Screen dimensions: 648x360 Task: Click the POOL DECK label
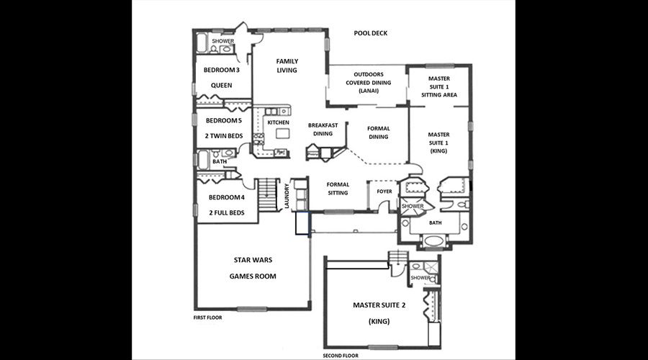point(371,33)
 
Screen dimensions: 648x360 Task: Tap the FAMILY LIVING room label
point(287,66)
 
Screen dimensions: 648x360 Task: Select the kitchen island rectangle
point(283,133)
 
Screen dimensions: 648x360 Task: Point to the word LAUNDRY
point(287,196)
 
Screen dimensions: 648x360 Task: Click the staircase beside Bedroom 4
point(267,194)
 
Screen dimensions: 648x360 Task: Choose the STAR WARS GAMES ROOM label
point(253,268)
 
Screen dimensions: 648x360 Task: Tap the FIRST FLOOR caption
point(208,318)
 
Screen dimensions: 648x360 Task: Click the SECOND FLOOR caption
point(341,356)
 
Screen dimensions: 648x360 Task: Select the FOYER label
point(384,192)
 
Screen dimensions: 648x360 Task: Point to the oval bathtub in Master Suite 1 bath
point(433,240)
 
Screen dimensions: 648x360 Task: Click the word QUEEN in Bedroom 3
point(222,86)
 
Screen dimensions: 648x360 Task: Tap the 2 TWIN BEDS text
point(224,136)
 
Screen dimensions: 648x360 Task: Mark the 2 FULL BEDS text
point(227,213)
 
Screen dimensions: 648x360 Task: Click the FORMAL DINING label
point(379,132)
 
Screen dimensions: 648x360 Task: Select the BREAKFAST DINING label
point(323,130)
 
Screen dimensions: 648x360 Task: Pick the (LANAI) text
point(369,91)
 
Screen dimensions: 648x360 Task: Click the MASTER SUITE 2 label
point(379,305)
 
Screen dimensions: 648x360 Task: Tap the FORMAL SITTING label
point(338,189)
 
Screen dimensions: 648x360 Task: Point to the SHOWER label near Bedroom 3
point(223,41)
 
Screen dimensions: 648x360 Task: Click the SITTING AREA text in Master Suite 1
point(439,94)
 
